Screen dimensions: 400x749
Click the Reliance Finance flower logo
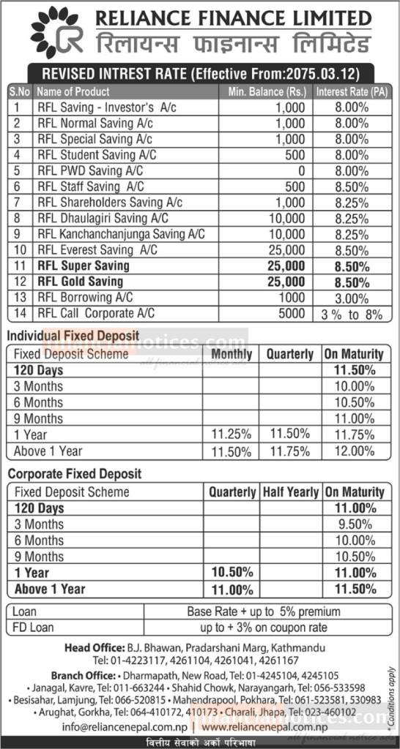tap(53, 31)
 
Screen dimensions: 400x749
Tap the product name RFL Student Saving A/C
tap(96, 154)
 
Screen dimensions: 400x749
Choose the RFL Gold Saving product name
tap(80, 281)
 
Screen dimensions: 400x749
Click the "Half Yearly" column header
tap(291, 492)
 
